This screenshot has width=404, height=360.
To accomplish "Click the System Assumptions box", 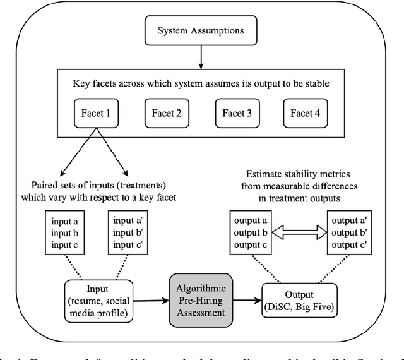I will pyautogui.click(x=201, y=30).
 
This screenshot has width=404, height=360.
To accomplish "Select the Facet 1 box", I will pyautogui.click(x=96, y=114).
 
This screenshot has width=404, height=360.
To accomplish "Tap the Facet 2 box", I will pyautogui.click(x=166, y=114).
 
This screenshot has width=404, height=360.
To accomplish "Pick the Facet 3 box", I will pyautogui.click(x=237, y=114).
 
